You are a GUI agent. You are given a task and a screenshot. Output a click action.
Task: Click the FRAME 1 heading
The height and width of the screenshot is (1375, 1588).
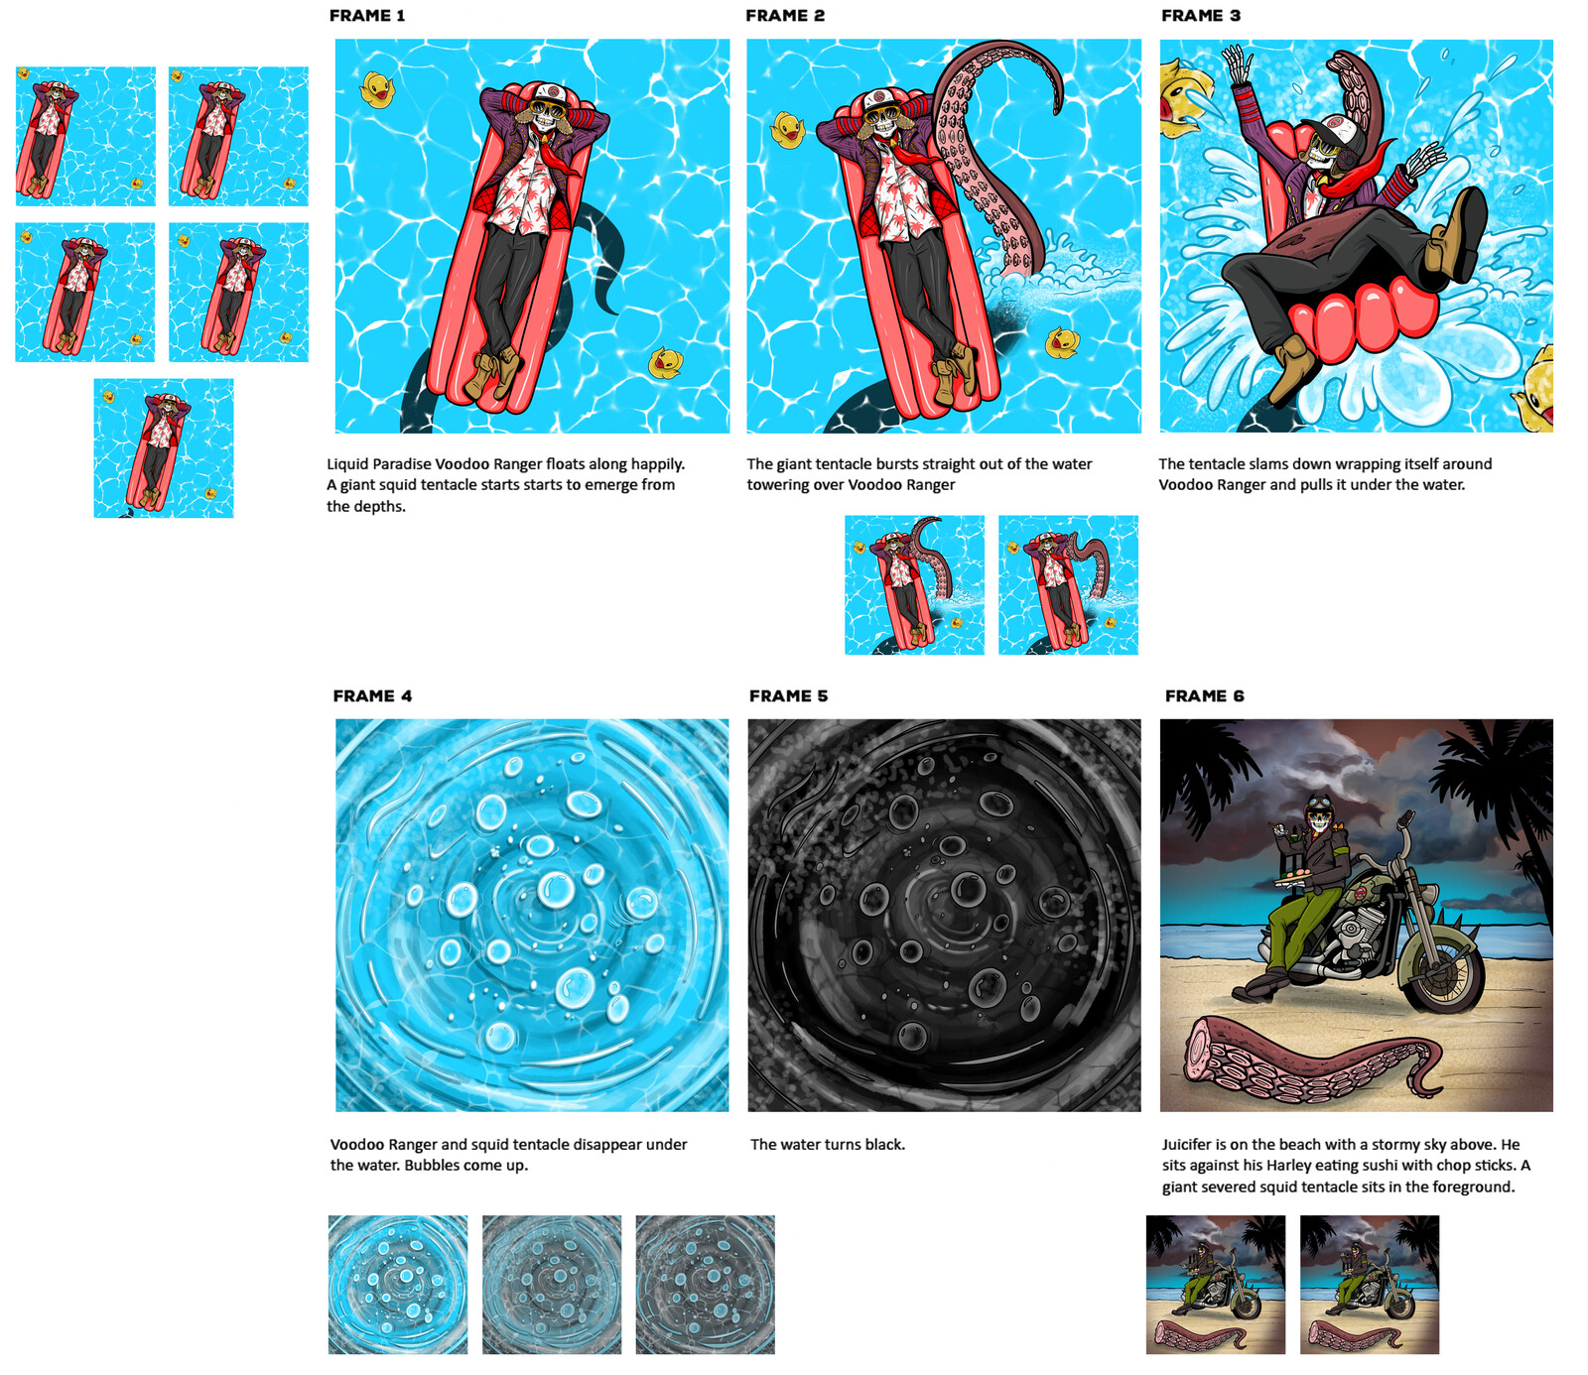point(367,16)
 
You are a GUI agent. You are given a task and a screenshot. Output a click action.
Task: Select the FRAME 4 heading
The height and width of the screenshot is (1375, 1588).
point(372,696)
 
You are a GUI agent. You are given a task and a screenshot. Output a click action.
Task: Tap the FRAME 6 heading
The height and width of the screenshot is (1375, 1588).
point(1204,696)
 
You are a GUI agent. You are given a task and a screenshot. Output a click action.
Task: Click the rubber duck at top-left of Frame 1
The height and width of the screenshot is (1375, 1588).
point(377,89)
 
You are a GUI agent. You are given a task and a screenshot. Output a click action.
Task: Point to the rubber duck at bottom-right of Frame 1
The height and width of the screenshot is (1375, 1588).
point(665,363)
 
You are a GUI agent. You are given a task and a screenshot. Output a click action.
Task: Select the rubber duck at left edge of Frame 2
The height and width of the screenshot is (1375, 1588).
point(787,130)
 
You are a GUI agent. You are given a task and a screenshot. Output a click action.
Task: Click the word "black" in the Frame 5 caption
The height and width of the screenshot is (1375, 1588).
point(882,1145)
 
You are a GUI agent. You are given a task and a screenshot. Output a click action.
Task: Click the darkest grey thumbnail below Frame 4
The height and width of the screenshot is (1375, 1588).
point(705,1285)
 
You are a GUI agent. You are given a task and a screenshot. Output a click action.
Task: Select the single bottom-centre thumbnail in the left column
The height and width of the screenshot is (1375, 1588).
point(164,447)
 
